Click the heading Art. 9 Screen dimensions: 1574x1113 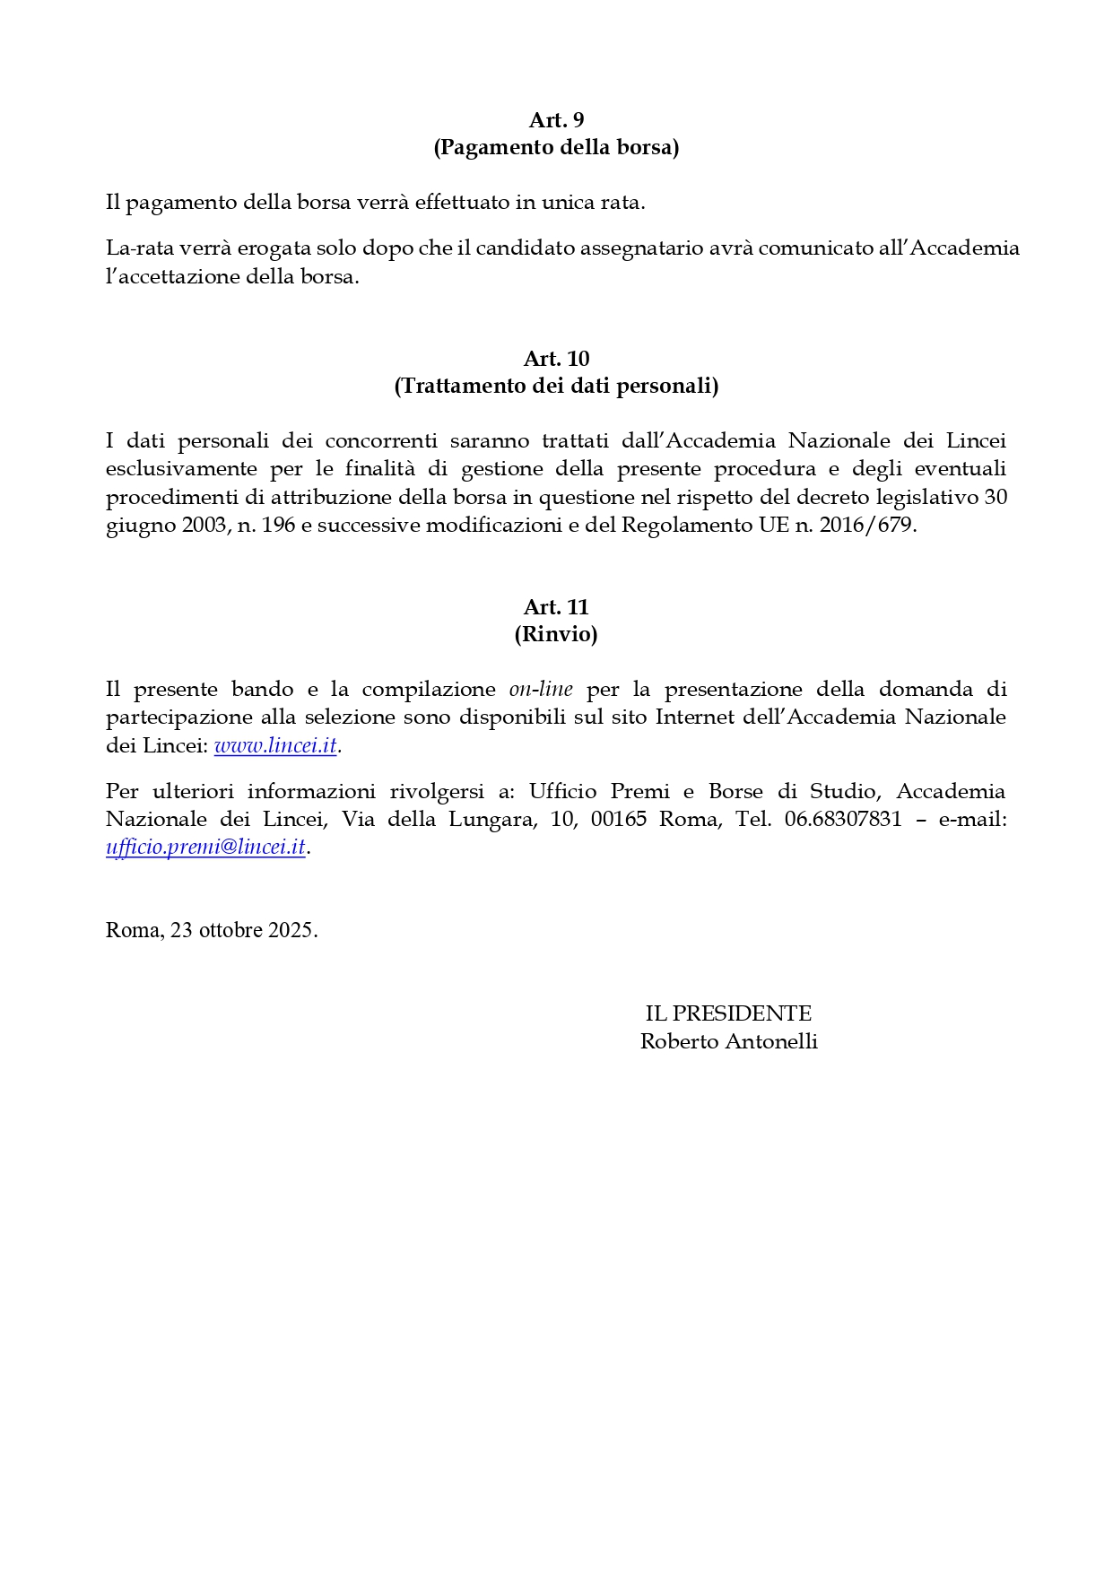pos(556,120)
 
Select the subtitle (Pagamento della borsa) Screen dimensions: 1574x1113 pos(556,147)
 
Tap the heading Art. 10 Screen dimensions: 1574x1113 pos(556,359)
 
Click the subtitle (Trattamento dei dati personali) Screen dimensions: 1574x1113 pos(556,386)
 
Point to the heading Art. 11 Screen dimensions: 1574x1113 pos(556,607)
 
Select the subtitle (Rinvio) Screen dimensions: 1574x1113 pos(556,634)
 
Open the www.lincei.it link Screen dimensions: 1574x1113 pos(275,745)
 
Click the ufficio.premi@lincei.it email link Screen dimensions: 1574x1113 pos(206,848)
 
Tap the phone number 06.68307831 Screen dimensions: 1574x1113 pos(843,819)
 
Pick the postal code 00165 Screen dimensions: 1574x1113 pos(618,819)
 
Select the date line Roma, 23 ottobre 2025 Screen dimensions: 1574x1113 pos(212,930)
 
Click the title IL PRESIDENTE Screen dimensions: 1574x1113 pos(728,1013)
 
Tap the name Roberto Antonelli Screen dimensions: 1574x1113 pos(728,1041)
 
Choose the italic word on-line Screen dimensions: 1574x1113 pos(541,690)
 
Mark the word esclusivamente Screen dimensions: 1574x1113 pos(182,469)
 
